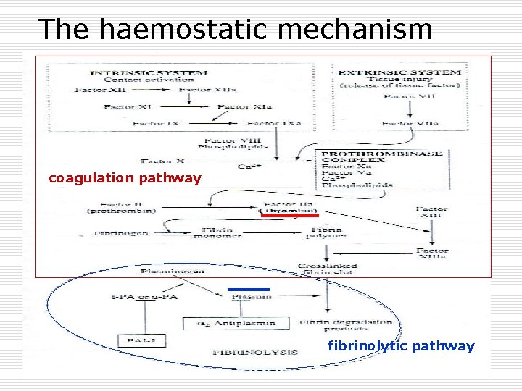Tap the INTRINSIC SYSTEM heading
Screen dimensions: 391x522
(x=148, y=72)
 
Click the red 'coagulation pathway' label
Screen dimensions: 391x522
(x=125, y=178)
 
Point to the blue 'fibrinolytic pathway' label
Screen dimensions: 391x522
(x=401, y=346)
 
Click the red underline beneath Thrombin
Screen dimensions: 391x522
(x=290, y=215)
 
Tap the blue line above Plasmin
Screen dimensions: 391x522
(x=249, y=290)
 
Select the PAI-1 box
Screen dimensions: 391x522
(x=134, y=338)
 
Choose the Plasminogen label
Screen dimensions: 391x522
(x=172, y=271)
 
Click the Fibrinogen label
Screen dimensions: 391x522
(x=120, y=233)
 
